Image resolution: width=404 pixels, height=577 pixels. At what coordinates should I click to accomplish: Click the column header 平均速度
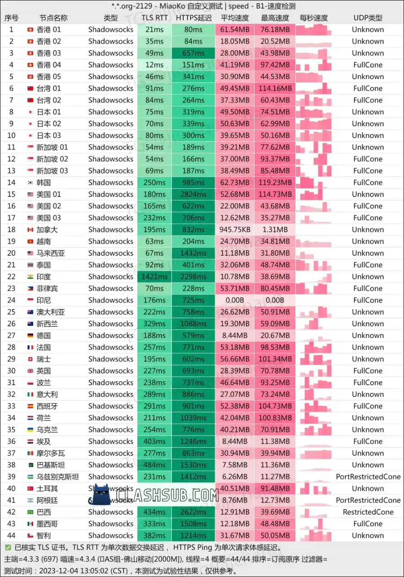coord(235,18)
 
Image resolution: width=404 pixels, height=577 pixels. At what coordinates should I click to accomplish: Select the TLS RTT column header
coord(154,18)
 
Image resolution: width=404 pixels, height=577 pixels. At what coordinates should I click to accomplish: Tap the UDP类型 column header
coord(368,18)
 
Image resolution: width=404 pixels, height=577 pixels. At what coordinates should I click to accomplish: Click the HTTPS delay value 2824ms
coord(193,194)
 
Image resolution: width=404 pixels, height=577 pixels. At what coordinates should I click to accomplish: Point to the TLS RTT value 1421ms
coord(154,276)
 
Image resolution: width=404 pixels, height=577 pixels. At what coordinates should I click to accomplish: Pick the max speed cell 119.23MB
coord(275,182)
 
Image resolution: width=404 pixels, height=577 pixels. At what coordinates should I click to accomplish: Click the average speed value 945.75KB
coord(235,230)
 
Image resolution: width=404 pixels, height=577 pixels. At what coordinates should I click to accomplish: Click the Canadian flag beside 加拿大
coord(30,230)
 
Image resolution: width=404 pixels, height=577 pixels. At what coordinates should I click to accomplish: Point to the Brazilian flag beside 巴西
coord(30,512)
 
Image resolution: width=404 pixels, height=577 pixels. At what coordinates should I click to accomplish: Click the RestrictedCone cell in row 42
coord(368,512)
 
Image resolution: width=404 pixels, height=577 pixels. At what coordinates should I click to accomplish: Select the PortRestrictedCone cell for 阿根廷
coord(368,500)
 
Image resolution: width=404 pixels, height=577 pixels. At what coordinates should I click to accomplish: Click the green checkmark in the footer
coord(8,547)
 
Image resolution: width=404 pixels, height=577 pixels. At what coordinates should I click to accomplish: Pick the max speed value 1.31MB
coord(275,230)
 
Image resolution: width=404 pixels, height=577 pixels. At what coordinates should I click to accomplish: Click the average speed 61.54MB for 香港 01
coord(235,30)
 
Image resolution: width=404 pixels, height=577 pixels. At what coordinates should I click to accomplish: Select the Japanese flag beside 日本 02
coord(30,124)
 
